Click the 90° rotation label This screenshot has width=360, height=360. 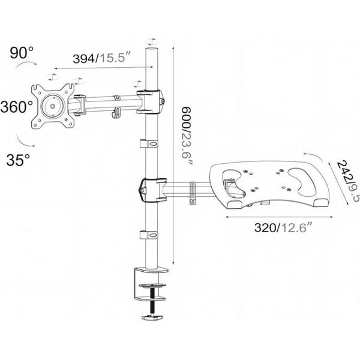coord(22,53)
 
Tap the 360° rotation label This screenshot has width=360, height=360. coord(17,107)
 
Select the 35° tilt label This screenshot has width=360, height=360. coord(18,160)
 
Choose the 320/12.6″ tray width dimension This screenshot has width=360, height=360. coord(283,228)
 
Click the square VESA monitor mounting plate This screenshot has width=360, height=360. coord(53,106)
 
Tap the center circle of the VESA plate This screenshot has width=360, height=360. coord(52,106)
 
